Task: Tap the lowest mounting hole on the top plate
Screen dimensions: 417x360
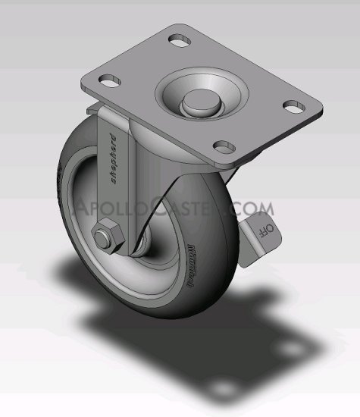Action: tap(223, 144)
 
